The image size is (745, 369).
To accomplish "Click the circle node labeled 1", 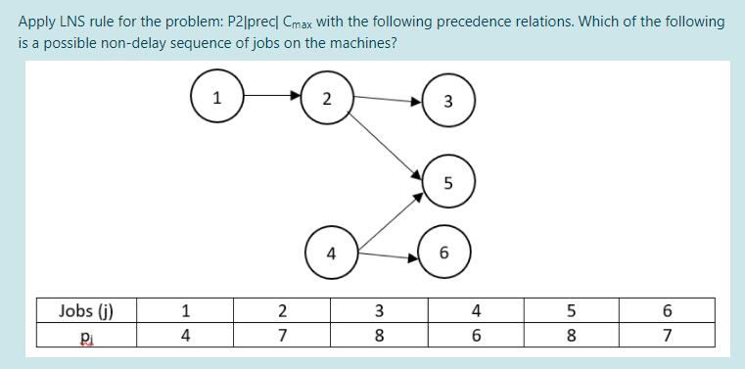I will coord(217,97).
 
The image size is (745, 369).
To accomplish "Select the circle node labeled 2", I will coord(326,98).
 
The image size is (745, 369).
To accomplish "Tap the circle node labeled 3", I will coord(447,101).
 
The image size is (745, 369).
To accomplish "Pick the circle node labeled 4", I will coord(332,254).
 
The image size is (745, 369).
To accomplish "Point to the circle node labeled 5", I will coord(447,182).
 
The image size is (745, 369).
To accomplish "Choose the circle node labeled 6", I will coord(444,254).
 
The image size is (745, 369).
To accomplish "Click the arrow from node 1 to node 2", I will coord(271,97).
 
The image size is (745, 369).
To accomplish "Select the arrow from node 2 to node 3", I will coord(387,99).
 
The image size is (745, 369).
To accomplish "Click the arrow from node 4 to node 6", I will coord(389,257).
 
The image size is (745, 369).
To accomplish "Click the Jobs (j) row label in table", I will coord(86,312).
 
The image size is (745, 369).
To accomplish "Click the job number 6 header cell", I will coord(667,312).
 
